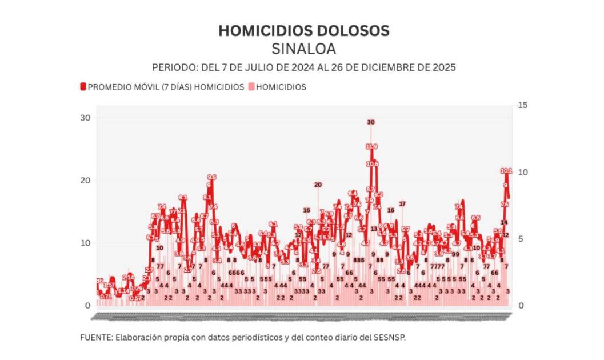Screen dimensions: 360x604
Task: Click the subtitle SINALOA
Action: pyautogui.click(x=304, y=49)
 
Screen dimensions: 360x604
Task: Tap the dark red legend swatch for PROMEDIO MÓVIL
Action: pyautogui.click(x=83, y=87)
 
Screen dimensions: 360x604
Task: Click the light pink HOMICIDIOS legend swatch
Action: pyautogui.click(x=251, y=87)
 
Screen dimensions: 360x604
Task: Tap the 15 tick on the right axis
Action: pyautogui.click(x=522, y=105)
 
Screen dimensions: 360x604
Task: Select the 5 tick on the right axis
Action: pyautogui.click(x=520, y=239)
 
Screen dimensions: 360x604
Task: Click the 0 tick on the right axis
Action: pyautogui.click(x=520, y=306)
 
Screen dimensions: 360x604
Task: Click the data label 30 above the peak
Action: pyautogui.click(x=371, y=122)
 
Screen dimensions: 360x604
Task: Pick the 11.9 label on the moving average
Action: pyautogui.click(x=371, y=147)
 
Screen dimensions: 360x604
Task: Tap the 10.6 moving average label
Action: pyautogui.click(x=372, y=164)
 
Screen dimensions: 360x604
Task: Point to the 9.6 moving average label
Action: pyautogui.click(x=211, y=177)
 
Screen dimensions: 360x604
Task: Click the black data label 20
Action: pyautogui.click(x=318, y=184)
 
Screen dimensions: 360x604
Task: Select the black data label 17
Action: pyautogui.click(x=402, y=203)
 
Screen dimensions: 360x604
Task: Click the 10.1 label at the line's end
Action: pyautogui.click(x=506, y=170)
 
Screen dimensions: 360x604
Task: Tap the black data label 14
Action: pyautogui.click(x=504, y=222)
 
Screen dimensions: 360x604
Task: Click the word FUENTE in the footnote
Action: pyautogui.click(x=96, y=338)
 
